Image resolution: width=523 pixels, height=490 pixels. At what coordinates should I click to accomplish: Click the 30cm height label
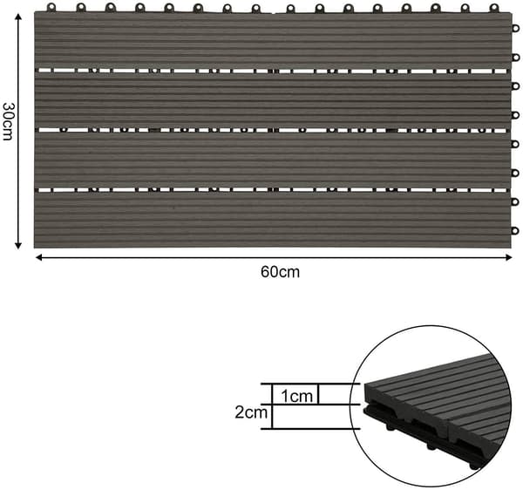coord(8,122)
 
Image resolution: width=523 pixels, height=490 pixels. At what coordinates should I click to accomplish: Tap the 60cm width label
coord(280,272)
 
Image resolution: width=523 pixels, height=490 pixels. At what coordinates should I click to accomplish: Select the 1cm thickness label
coord(296,396)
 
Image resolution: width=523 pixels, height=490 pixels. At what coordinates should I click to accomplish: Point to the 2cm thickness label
coord(251,412)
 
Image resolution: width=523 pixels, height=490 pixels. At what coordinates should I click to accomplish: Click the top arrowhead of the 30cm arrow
coord(18,17)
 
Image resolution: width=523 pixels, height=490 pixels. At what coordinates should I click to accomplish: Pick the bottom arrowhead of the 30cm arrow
coord(18,245)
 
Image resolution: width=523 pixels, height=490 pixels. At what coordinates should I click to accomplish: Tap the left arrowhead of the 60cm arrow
coord(38,257)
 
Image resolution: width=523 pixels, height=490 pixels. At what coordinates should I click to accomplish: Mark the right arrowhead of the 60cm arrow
coord(508,257)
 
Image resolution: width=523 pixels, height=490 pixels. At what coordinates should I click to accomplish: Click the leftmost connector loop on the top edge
coord(51,7)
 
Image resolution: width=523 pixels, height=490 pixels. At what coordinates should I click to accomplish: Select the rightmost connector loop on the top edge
coord(494,8)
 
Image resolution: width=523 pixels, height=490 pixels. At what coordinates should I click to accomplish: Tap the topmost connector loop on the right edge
coord(515,29)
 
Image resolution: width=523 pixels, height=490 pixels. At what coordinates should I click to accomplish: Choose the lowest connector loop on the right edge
coord(515,230)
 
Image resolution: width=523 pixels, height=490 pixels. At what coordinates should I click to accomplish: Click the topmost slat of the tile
coord(273,40)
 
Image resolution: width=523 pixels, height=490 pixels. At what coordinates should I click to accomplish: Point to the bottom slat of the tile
coord(273,220)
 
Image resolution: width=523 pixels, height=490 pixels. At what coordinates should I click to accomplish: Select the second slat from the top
coord(273,100)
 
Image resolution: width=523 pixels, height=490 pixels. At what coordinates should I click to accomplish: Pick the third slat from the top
coord(273,160)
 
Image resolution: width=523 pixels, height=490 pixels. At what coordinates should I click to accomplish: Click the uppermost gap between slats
coord(273,71)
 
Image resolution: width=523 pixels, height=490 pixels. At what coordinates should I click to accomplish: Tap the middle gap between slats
coord(273,130)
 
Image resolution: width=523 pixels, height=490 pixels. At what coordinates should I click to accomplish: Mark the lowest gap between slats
coord(273,190)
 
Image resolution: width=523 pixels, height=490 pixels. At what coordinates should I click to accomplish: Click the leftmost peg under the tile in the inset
coord(390,426)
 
